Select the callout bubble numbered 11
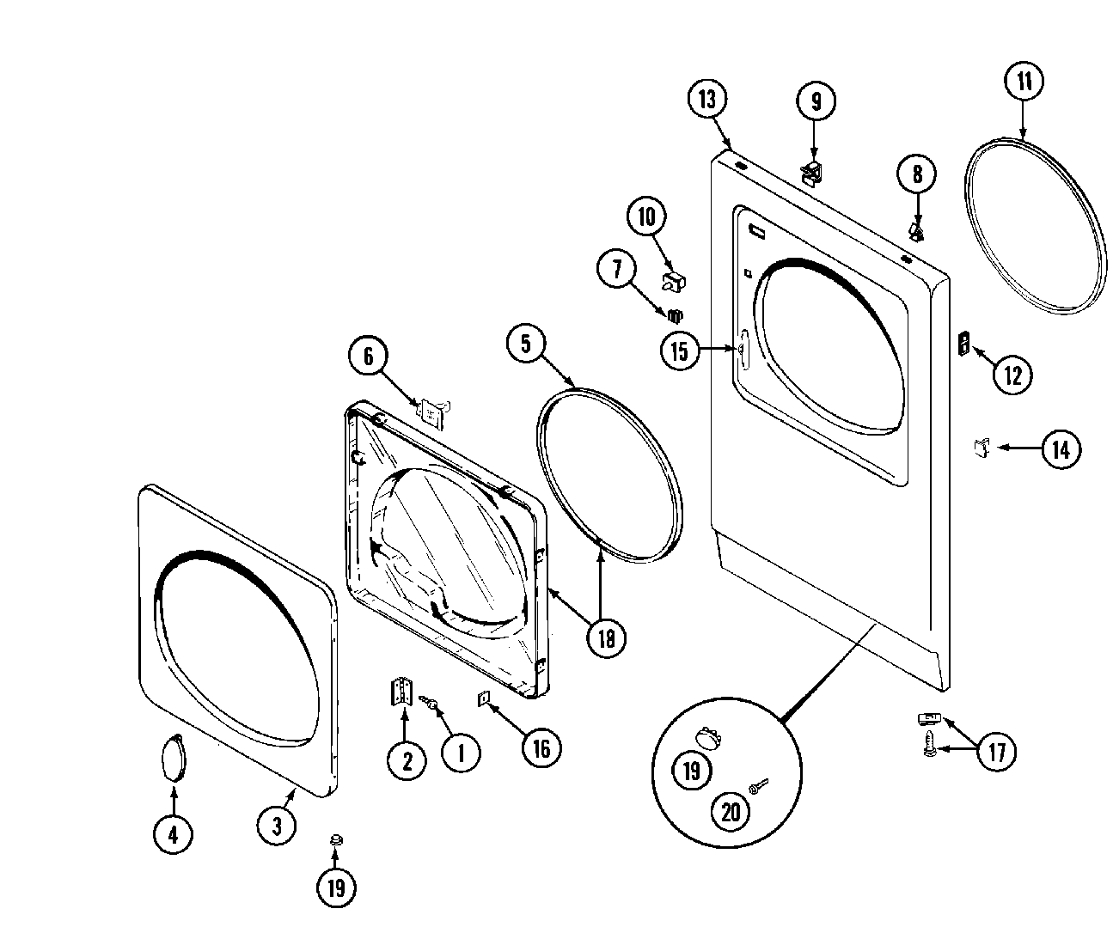click(1024, 82)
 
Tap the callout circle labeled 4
click(174, 833)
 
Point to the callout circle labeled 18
click(607, 637)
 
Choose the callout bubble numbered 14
click(1061, 449)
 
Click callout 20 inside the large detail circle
click(731, 811)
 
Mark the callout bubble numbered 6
click(369, 356)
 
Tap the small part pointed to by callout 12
click(963, 344)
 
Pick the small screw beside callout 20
click(758, 786)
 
